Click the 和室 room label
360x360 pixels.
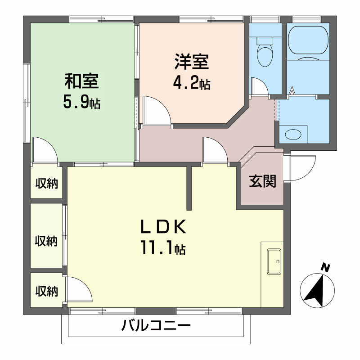[x=81, y=82]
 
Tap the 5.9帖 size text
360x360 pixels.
[x=81, y=103]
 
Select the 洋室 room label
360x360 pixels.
[x=192, y=62]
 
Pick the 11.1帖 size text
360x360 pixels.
[x=162, y=249]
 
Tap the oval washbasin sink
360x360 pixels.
[x=293, y=134]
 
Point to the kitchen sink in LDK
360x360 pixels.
[x=274, y=261]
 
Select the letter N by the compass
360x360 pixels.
[x=325, y=268]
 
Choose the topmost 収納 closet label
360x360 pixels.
[x=47, y=183]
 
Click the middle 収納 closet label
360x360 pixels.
[x=47, y=241]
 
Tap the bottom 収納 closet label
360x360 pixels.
[x=47, y=291]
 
